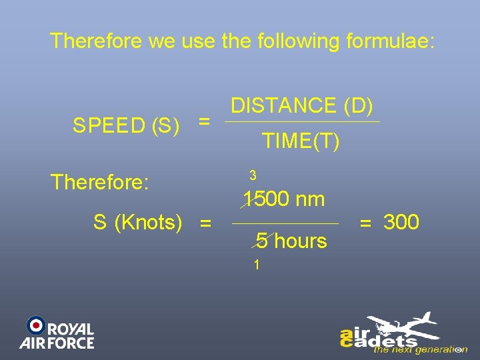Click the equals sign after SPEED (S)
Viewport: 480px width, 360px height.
pyautogui.click(x=205, y=122)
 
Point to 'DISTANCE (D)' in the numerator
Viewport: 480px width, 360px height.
pyautogui.click(x=302, y=105)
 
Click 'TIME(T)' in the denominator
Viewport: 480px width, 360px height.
pyautogui.click(x=301, y=141)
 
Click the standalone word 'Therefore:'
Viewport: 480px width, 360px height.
pyautogui.click(x=99, y=182)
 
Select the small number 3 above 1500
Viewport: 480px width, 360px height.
pyautogui.click(x=253, y=176)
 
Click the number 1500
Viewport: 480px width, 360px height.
pyautogui.click(x=266, y=199)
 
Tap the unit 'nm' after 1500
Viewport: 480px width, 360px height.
pyautogui.click(x=310, y=199)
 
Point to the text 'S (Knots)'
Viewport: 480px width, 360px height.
pyautogui.click(x=137, y=223)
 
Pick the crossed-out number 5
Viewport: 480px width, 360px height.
pyautogui.click(x=262, y=241)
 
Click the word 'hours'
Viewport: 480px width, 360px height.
pyautogui.click(x=301, y=241)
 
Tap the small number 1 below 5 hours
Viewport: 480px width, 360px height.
pyautogui.click(x=256, y=265)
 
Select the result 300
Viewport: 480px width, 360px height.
pyautogui.click(x=401, y=222)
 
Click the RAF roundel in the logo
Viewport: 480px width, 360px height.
pyautogui.click(x=35, y=325)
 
